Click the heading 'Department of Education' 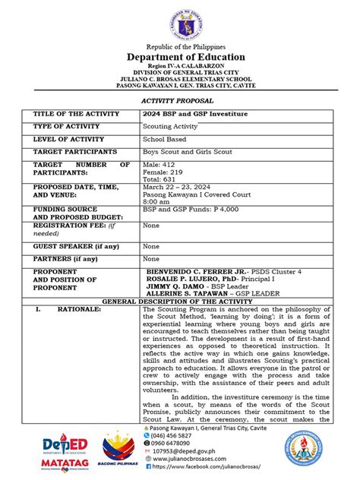(x=180, y=57)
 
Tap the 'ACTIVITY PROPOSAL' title (x=180, y=99)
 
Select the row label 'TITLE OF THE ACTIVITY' (x=76, y=114)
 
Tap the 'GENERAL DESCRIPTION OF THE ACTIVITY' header (x=180, y=302)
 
